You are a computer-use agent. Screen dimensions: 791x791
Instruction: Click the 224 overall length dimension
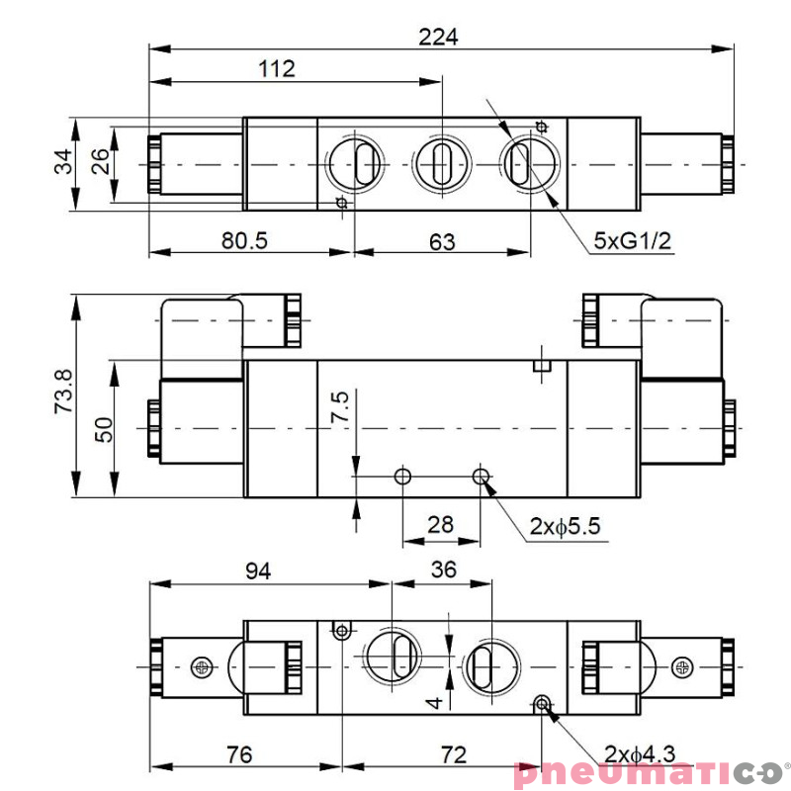pyautogui.click(x=439, y=37)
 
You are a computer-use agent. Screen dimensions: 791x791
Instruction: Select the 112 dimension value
pyautogui.click(x=278, y=69)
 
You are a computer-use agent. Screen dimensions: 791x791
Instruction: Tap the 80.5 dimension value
pyautogui.click(x=244, y=240)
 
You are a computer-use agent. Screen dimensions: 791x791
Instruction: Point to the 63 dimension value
pyautogui.click(x=442, y=240)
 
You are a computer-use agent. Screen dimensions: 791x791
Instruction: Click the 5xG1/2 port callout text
pyautogui.click(x=632, y=240)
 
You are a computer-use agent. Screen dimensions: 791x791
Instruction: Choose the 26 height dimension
pyautogui.click(x=100, y=162)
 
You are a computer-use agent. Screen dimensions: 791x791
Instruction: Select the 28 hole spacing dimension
pyautogui.click(x=440, y=524)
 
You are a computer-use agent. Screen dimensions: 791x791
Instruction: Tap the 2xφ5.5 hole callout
pyautogui.click(x=565, y=527)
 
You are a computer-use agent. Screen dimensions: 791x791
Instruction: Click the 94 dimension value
pyautogui.click(x=258, y=571)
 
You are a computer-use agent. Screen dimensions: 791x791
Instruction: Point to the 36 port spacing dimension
pyautogui.click(x=445, y=571)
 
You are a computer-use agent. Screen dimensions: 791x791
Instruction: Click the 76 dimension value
pyautogui.click(x=238, y=754)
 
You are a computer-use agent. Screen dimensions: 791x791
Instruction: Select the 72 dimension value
pyautogui.click(x=453, y=754)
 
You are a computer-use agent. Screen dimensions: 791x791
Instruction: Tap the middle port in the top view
pyautogui.click(x=435, y=160)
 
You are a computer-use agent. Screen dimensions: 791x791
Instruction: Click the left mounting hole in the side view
pyautogui.click(x=402, y=478)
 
